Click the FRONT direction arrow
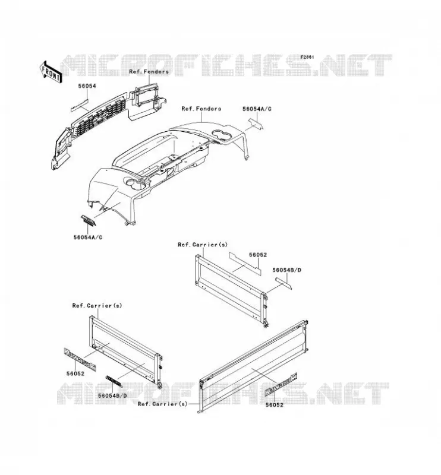(x=51, y=72)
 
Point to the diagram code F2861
(x=307, y=57)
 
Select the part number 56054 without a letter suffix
(x=87, y=86)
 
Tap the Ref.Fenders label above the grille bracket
(x=149, y=72)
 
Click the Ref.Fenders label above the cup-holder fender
(x=201, y=109)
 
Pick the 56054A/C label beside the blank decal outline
(x=257, y=109)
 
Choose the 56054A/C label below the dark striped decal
(x=88, y=237)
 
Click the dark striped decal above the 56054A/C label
(x=89, y=220)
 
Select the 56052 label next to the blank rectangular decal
(x=258, y=255)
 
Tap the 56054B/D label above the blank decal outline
(x=286, y=270)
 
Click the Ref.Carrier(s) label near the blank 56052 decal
(x=203, y=245)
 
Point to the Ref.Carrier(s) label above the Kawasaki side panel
(x=97, y=306)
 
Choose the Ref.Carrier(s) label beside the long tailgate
(x=163, y=404)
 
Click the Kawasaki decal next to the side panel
(x=80, y=360)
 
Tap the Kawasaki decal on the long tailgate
(x=281, y=385)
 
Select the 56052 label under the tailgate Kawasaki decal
(x=275, y=405)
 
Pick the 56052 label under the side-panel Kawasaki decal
(x=75, y=374)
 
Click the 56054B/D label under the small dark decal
(x=112, y=396)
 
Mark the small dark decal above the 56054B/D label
(x=114, y=381)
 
